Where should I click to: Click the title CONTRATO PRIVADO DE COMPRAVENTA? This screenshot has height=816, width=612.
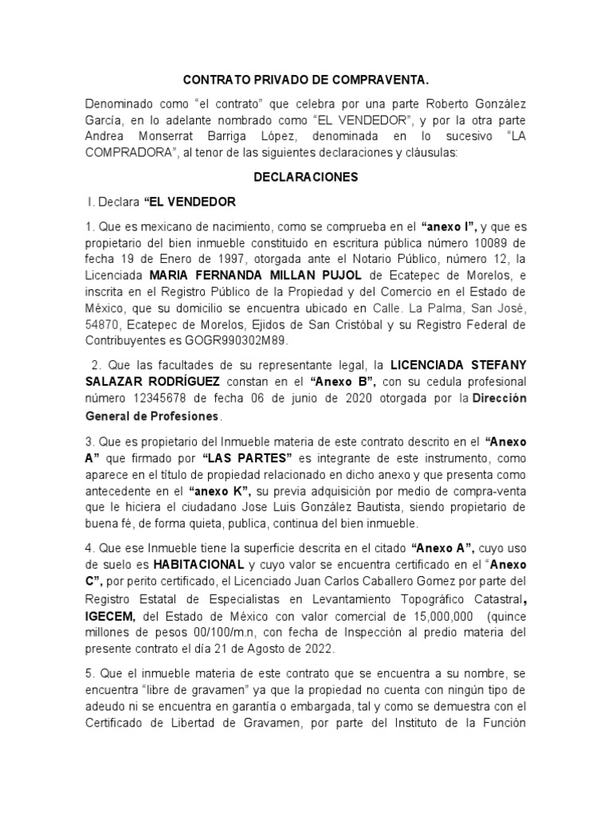coord(307,80)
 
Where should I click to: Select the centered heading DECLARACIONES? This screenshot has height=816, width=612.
coord(306,177)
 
